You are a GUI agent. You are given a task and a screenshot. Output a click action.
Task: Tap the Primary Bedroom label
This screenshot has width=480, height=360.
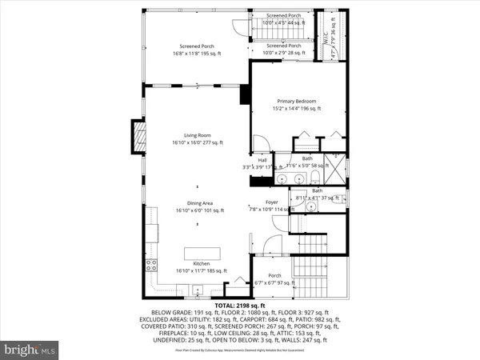click(x=297, y=102)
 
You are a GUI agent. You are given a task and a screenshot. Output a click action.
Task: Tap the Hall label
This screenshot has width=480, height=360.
click(x=262, y=160)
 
